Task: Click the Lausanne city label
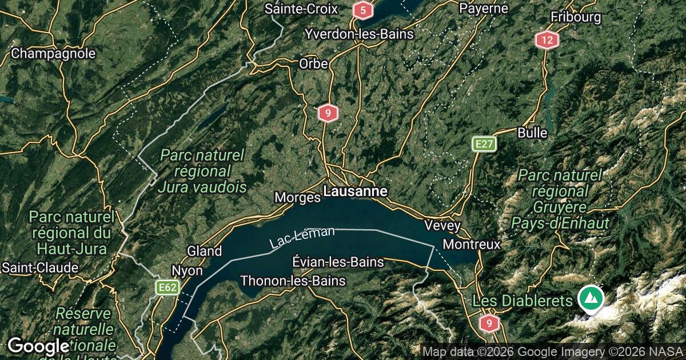click(356, 191)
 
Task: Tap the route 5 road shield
click(362, 10)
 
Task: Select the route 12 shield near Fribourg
click(547, 40)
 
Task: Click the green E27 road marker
click(484, 144)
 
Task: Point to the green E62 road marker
click(167, 287)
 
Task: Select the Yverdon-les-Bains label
click(359, 34)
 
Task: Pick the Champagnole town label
click(53, 54)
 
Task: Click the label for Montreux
click(472, 244)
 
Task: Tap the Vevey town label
click(442, 226)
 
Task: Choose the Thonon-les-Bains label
click(293, 281)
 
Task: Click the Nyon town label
click(187, 270)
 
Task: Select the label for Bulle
click(532, 133)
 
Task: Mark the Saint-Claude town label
click(39, 267)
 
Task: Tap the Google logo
click(38, 346)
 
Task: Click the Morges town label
click(297, 198)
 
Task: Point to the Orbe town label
click(313, 64)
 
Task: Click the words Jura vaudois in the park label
click(202, 187)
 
